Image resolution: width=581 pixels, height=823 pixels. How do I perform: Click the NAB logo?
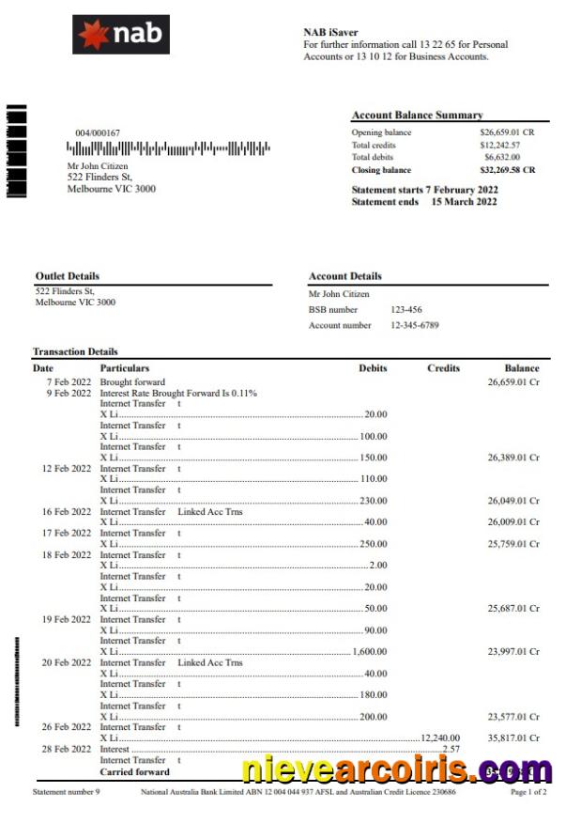click(x=121, y=35)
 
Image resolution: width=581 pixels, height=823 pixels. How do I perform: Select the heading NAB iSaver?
click(x=330, y=32)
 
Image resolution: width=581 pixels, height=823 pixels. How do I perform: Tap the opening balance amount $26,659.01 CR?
click(x=507, y=132)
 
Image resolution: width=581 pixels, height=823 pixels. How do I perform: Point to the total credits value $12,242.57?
click(x=499, y=146)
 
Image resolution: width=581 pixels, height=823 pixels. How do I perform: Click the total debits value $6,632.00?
click(x=501, y=158)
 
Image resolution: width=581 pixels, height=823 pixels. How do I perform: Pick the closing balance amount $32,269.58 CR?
click(x=507, y=170)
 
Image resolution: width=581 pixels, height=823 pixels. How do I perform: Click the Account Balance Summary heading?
click(x=417, y=115)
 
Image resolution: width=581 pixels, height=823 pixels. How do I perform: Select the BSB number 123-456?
click(x=406, y=309)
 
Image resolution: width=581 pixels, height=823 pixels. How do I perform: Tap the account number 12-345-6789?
click(x=415, y=326)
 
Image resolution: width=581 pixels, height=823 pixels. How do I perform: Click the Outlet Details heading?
click(x=67, y=276)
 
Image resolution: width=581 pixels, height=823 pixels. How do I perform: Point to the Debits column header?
click(x=373, y=368)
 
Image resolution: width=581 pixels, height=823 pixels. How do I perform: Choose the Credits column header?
click(x=443, y=368)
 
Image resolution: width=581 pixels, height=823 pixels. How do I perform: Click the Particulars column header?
click(x=125, y=368)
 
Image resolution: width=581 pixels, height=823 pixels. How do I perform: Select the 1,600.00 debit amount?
click(x=370, y=651)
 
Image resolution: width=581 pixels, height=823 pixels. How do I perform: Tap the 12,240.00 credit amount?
click(x=441, y=738)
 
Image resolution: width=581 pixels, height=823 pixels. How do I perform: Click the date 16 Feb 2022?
click(x=66, y=512)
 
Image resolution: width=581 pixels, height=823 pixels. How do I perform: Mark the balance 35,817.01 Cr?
click(x=513, y=738)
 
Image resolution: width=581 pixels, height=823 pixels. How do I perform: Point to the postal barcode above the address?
click(x=168, y=148)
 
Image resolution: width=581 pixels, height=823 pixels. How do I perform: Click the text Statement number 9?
click(x=66, y=793)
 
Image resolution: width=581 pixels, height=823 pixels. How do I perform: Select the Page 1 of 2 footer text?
click(x=528, y=793)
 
